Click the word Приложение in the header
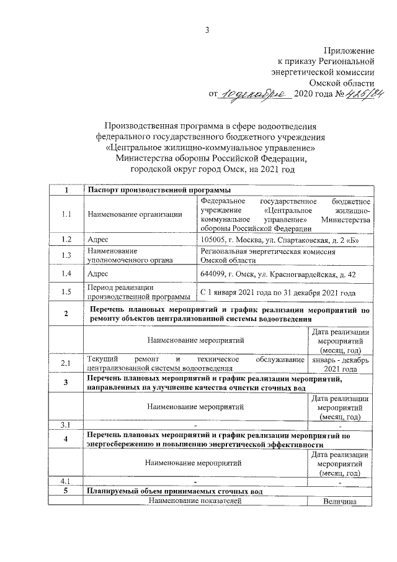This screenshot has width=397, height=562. (349, 50)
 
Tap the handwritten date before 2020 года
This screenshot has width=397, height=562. (255, 94)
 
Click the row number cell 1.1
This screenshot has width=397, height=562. (66, 214)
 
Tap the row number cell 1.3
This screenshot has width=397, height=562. (66, 255)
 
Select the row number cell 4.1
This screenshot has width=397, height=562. (66, 482)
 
